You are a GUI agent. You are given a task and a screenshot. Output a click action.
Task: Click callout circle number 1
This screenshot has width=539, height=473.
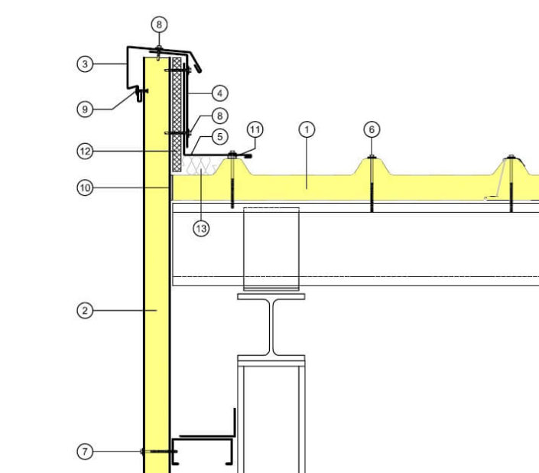(x=307, y=129)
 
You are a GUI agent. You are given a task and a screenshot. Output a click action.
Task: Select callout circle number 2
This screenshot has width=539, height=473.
(x=85, y=311)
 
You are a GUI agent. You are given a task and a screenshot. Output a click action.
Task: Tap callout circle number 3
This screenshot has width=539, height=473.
(x=85, y=64)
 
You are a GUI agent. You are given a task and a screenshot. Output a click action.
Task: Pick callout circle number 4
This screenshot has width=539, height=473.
(x=220, y=93)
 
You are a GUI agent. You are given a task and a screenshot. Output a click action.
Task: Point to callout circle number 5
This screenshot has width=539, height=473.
(x=220, y=136)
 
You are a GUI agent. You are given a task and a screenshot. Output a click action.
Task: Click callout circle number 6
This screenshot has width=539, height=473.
(x=372, y=129)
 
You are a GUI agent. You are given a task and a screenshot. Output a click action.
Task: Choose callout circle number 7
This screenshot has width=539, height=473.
(x=85, y=452)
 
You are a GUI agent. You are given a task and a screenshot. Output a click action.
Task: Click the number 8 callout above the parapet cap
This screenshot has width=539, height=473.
(x=159, y=24)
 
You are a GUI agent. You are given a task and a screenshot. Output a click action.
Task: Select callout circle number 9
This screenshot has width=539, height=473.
(x=85, y=109)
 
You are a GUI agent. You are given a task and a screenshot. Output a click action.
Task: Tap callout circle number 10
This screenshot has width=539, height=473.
(x=85, y=188)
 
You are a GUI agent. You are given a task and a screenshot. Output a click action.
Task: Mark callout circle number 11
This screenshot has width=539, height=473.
(x=255, y=129)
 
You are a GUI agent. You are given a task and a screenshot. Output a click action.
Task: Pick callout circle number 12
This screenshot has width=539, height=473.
(x=85, y=152)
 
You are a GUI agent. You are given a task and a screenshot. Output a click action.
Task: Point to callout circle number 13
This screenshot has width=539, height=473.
(x=201, y=228)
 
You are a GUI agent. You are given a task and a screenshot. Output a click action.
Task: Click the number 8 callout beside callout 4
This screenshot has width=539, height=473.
(x=220, y=116)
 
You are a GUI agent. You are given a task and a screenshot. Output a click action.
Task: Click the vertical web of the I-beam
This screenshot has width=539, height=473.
(x=271, y=327)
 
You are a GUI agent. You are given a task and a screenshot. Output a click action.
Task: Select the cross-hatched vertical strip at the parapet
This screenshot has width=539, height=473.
(x=177, y=115)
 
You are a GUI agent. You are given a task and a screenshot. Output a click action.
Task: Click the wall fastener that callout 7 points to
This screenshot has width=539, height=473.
(x=159, y=452)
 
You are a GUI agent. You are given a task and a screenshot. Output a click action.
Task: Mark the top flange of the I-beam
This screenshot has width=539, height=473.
(x=271, y=296)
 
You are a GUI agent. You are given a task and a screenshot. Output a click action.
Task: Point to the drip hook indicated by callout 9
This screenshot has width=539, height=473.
(x=139, y=95)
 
